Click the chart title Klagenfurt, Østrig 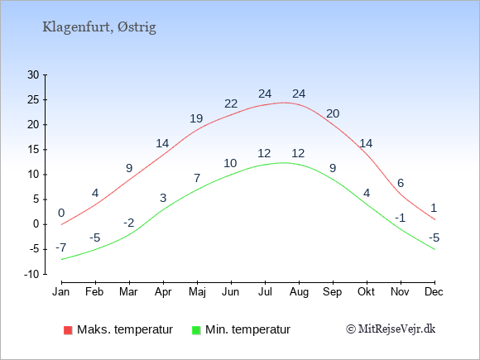click(99, 27)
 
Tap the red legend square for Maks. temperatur click(68, 330)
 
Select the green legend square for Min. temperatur click(196, 330)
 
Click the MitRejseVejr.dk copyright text click(391, 329)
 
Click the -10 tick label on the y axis click(31, 274)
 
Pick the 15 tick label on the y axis click(33, 150)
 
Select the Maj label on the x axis click(197, 292)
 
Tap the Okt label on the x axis click(366, 292)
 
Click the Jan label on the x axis click(61, 292)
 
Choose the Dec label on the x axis click(434, 292)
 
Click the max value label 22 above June click(231, 103)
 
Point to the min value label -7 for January click(61, 247)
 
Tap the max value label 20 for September click(333, 113)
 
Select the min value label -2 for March click(129, 223)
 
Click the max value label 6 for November click(401, 183)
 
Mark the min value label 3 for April click(163, 198)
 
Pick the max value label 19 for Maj click(196, 118)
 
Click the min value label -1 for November click(400, 218)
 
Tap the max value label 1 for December click(434, 209)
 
